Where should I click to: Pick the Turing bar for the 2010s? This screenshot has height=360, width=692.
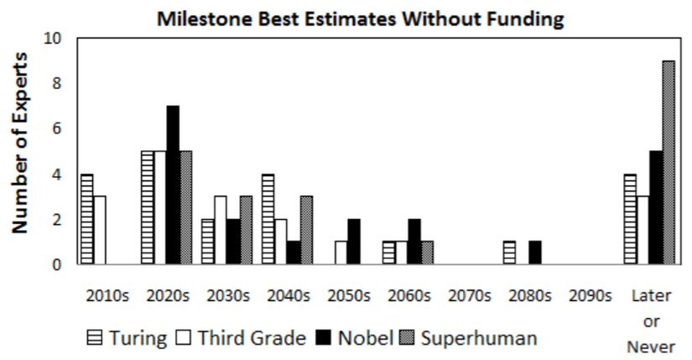pyautogui.click(x=86, y=219)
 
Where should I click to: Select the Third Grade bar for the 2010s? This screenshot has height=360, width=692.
pyautogui.click(x=99, y=231)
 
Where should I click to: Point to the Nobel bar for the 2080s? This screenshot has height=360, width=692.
pyautogui.click(x=535, y=253)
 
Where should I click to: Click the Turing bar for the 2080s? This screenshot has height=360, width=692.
pyautogui.click(x=509, y=253)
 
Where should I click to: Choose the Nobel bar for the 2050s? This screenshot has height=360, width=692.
pyautogui.click(x=354, y=242)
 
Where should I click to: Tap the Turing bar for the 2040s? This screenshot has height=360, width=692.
pyautogui.click(x=268, y=219)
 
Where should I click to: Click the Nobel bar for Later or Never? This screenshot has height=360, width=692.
pyautogui.click(x=656, y=208)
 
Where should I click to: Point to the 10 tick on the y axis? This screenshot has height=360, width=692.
pyautogui.click(x=56, y=39)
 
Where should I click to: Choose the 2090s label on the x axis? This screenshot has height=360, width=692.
pyautogui.click(x=586, y=296)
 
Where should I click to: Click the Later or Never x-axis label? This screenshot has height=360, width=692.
pyautogui.click(x=650, y=321)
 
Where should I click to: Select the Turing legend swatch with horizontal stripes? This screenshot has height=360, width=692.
pyautogui.click(x=96, y=338)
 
